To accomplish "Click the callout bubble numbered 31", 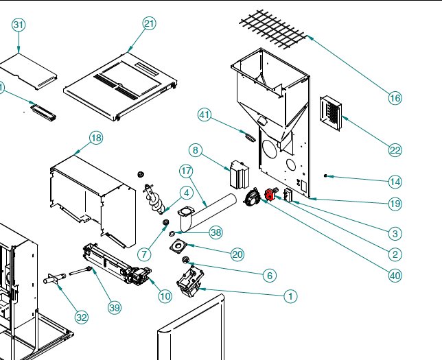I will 19,25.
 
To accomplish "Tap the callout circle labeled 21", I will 150,23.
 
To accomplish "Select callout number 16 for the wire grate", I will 395,98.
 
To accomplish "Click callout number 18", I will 96,139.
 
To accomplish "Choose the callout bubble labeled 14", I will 395,182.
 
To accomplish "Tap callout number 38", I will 216,232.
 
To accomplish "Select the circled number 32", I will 82,317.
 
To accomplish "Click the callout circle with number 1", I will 290,296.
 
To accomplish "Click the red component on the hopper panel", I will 269,195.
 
